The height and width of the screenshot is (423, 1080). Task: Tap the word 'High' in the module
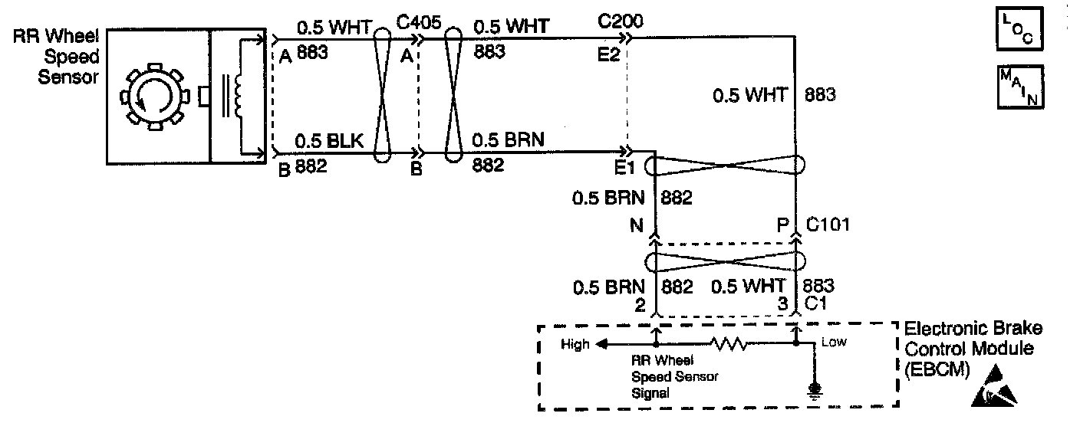point(575,344)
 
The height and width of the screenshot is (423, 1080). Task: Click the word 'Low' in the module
point(834,342)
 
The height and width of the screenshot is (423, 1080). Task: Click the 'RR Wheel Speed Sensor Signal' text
point(663,375)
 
